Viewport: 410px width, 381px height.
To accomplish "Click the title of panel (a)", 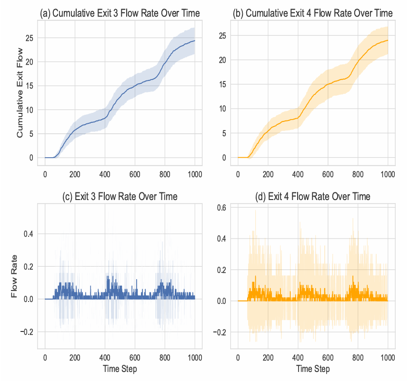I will (120, 13).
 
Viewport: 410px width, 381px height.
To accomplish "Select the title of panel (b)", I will (312, 13).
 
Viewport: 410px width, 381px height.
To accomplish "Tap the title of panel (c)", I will (120, 196).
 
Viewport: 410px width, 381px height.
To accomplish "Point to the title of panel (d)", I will (312, 196).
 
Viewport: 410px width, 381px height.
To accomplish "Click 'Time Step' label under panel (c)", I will (120, 369).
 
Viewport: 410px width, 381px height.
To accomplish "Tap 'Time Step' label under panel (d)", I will (312, 369).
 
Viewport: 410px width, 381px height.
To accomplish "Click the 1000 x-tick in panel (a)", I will (194, 173).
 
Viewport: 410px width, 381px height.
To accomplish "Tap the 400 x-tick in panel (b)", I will (298, 173).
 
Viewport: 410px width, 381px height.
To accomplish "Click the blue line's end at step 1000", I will (194, 41).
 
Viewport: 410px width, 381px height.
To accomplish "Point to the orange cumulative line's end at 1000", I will (388, 40).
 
